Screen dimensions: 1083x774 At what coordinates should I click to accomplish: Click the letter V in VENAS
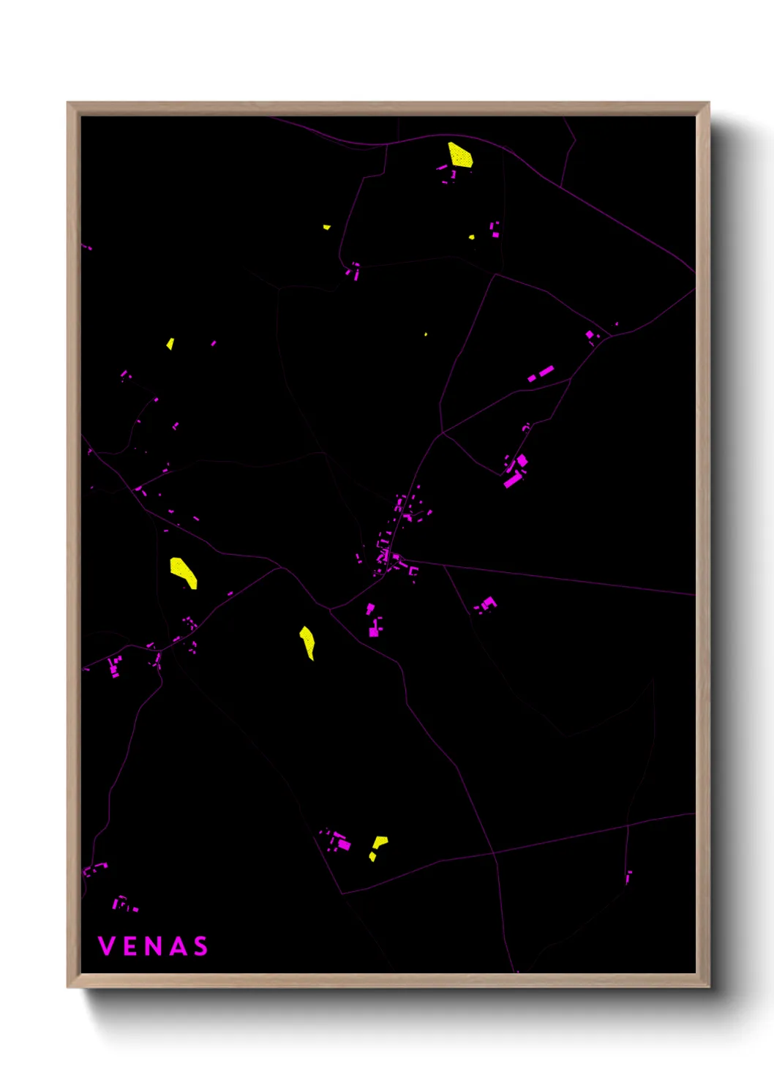click(x=106, y=946)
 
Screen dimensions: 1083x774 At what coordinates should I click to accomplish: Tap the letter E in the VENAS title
click(x=129, y=946)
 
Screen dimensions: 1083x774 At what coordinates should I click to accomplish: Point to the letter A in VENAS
click(x=177, y=946)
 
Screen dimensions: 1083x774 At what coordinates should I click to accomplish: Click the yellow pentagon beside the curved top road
click(x=459, y=155)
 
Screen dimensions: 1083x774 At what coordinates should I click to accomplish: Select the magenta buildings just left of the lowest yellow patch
click(x=337, y=841)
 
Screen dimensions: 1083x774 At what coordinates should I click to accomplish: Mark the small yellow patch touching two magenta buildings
click(x=472, y=236)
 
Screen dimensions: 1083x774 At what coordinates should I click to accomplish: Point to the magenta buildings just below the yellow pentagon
click(x=448, y=174)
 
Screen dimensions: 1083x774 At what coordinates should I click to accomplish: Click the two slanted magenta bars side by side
click(x=541, y=374)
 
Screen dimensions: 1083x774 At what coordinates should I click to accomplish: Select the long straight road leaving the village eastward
click(x=549, y=577)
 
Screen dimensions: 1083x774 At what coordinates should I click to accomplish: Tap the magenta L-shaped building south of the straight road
click(x=487, y=604)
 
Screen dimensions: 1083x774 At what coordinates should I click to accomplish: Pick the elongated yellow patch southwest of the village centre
click(x=308, y=642)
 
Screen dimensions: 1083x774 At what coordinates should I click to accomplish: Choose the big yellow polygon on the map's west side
click(x=183, y=572)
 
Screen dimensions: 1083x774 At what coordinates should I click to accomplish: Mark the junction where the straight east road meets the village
click(x=401, y=561)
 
